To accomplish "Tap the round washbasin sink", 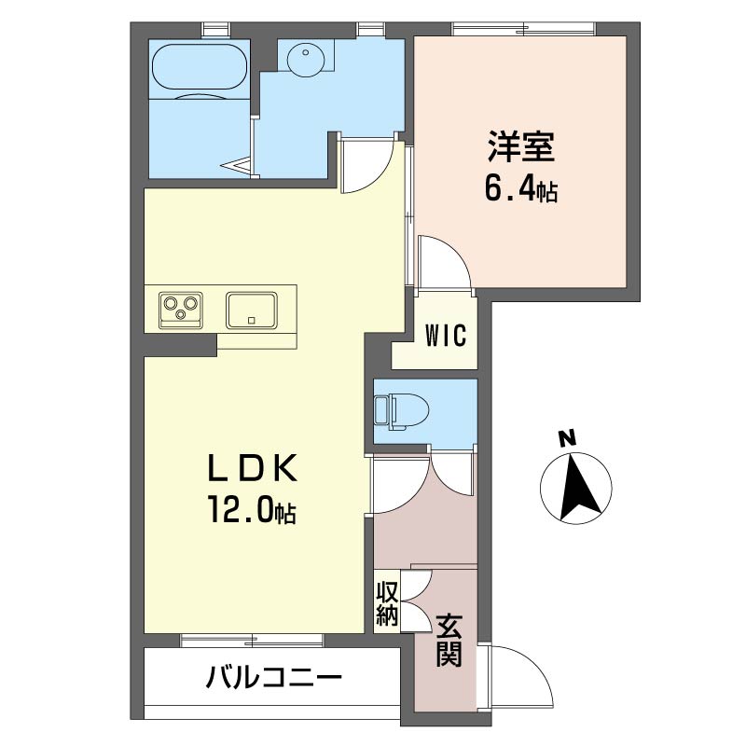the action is coord(306,56).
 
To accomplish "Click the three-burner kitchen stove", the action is coord(180,310).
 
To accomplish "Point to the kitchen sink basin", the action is coord(252,311).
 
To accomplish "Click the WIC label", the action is coord(446,336).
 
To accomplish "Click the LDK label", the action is coord(252,468).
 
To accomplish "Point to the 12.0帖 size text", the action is coord(251,509).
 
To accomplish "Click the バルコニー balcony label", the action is coord(273,677).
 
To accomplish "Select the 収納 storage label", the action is coord(387,603).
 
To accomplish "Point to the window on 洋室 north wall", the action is coord(523,29).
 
